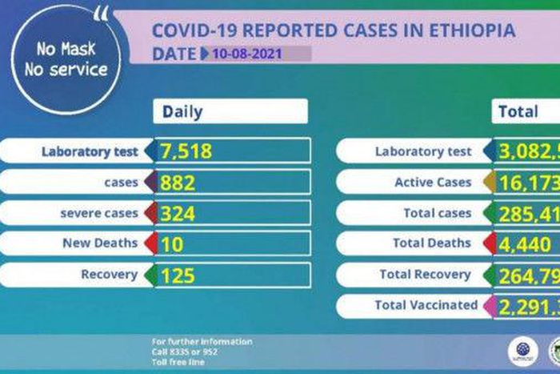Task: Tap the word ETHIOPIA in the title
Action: pyautogui.click(x=471, y=31)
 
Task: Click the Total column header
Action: pyautogui.click(x=518, y=112)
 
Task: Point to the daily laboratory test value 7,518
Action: pyautogui.click(x=186, y=151)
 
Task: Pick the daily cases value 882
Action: pyautogui.click(x=178, y=183)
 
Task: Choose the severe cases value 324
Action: pyautogui.click(x=178, y=213)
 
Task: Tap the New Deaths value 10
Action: pyautogui.click(x=172, y=243)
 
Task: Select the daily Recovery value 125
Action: pyautogui.click(x=178, y=275)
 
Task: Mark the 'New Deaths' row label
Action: pyautogui.click(x=100, y=243)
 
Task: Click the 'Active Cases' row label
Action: pyautogui.click(x=433, y=183)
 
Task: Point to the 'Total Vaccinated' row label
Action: pyautogui.click(x=426, y=305)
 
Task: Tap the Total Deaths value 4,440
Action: pyautogui.click(x=524, y=243)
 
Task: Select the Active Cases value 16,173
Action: pyautogui.click(x=529, y=183)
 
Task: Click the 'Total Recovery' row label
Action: pyautogui.click(x=425, y=275)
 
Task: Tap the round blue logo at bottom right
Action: pyautogui.click(x=522, y=349)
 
